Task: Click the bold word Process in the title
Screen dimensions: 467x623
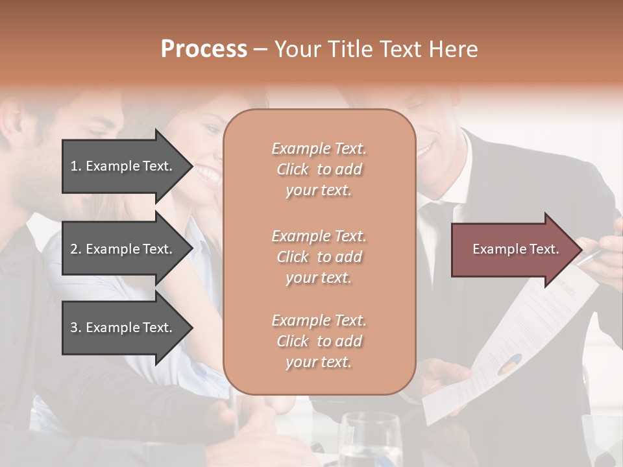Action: [x=204, y=49]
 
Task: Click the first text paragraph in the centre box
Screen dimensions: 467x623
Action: [x=319, y=169]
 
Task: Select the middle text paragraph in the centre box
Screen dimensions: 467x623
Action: [x=319, y=257]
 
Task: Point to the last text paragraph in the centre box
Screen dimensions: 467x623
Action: [x=319, y=341]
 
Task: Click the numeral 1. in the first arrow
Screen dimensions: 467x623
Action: [x=76, y=166]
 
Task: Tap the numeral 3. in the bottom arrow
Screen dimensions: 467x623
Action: [x=76, y=328]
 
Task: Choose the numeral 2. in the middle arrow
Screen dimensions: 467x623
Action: [x=76, y=249]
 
